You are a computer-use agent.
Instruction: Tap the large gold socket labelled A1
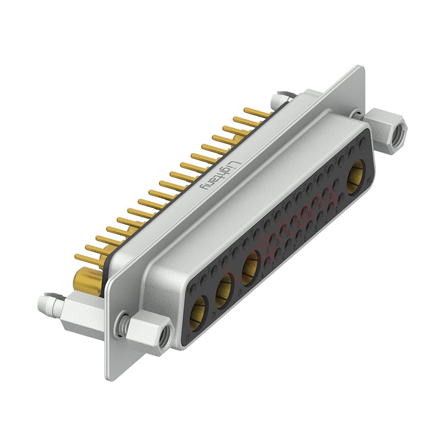pyautogui.click(x=198, y=316)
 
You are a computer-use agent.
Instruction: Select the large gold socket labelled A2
pyautogui.click(x=225, y=288)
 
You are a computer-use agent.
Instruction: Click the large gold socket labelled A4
pyautogui.click(x=355, y=175)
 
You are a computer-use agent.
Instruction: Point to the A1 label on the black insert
pyautogui.click(x=191, y=337)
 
